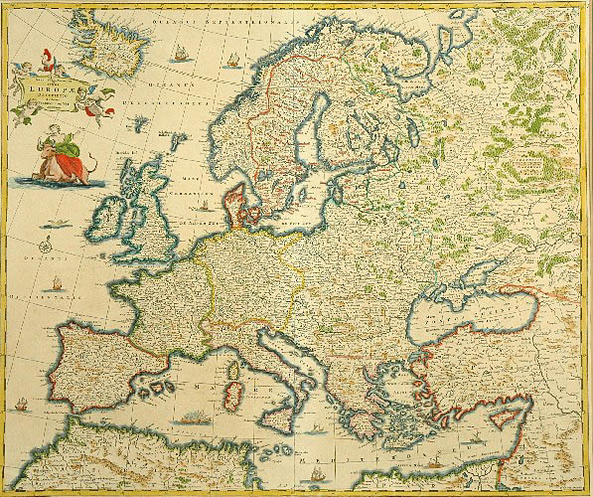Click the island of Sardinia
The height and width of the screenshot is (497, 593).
pyautogui.click(x=234, y=384)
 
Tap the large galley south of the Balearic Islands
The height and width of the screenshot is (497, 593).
pyautogui.click(x=189, y=418)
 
